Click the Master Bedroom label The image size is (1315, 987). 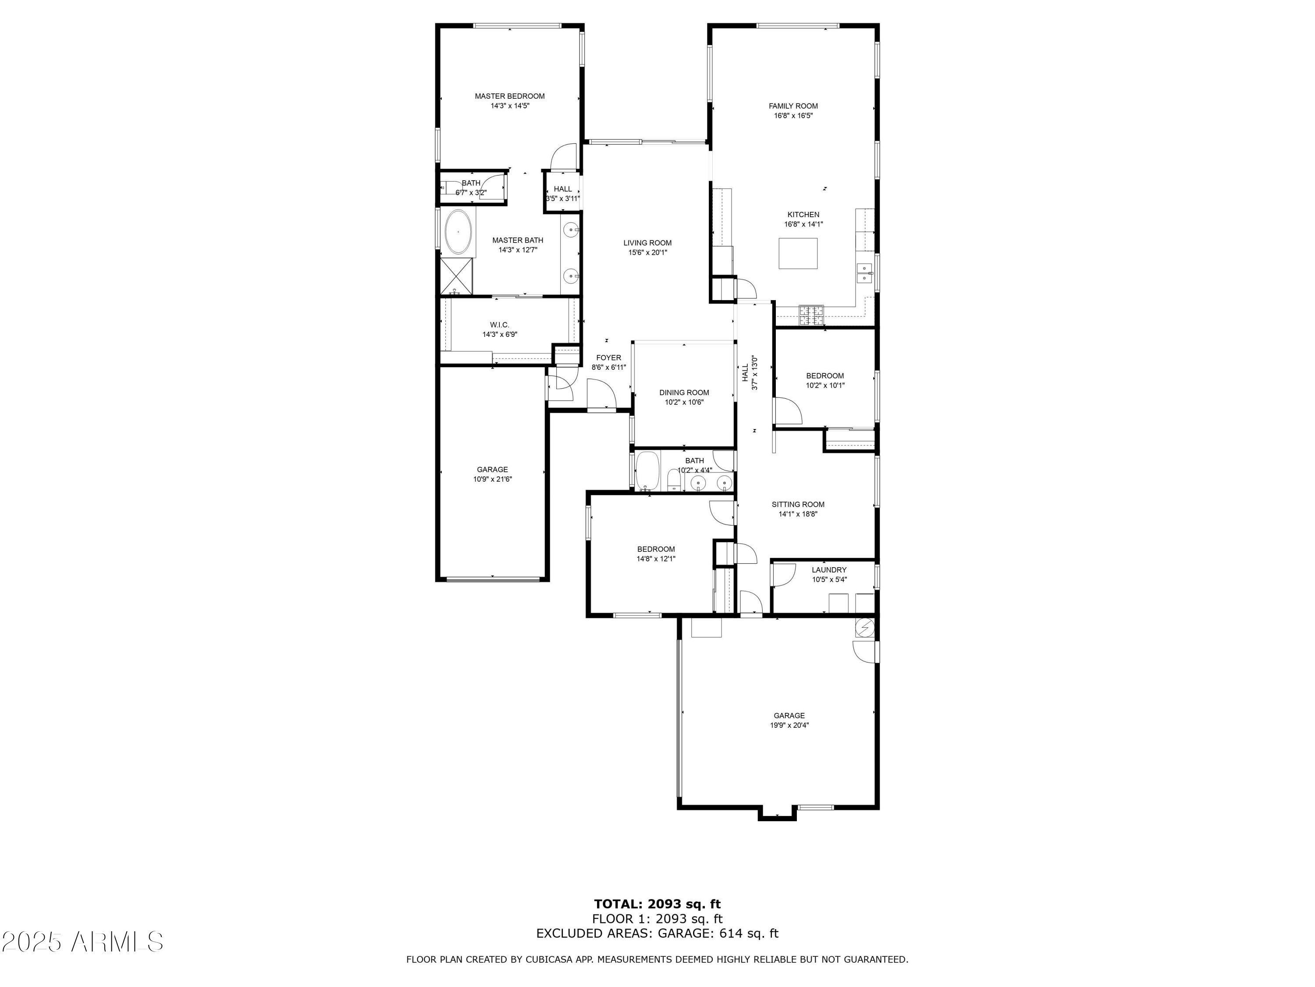coord(509,96)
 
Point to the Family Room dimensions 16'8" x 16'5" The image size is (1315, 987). coord(793,116)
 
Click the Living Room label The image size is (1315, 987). coord(647,243)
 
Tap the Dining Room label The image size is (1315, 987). coord(684,393)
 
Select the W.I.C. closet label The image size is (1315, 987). coord(499,325)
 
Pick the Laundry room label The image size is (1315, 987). coord(829,570)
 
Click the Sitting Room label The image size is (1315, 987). coord(798,504)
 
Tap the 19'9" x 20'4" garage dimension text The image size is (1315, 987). coord(789,725)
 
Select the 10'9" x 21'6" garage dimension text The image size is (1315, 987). coord(492,479)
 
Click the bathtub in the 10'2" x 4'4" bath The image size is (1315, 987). coord(647,472)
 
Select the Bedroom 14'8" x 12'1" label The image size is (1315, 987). coord(656,549)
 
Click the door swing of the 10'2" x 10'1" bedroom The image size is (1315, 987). coord(786,412)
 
